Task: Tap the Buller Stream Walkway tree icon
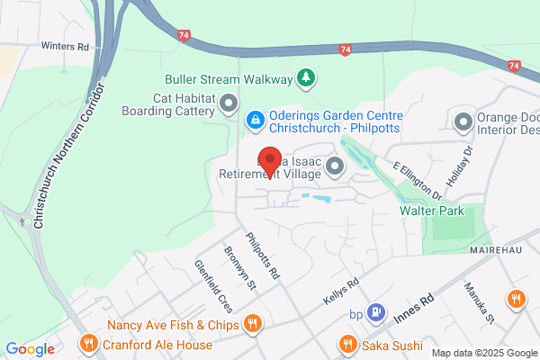point(307,78)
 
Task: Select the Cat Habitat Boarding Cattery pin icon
point(228,103)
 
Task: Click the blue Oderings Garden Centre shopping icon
point(255,118)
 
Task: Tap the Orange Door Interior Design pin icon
point(463,121)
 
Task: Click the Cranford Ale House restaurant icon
point(88,342)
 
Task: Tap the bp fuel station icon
point(378,312)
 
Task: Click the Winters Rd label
point(66,44)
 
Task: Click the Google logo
point(30,349)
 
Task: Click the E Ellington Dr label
point(418,180)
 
